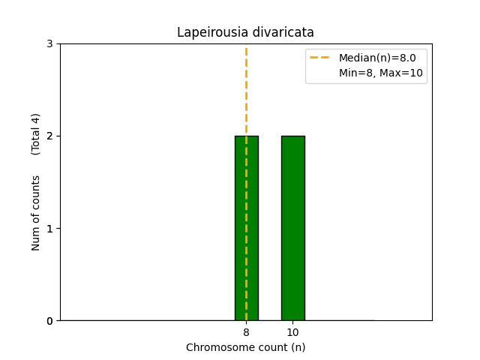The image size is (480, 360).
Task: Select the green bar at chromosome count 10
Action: [292, 228]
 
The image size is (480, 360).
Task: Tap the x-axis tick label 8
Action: [246, 332]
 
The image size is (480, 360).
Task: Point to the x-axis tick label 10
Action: [292, 332]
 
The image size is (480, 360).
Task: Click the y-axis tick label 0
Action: [49, 321]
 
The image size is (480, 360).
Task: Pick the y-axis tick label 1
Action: [49, 229]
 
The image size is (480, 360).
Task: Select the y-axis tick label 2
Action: [49, 136]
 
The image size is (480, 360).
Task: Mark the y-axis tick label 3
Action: [49, 43]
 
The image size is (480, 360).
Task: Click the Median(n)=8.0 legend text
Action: [377, 58]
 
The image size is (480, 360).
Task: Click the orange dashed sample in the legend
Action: [320, 58]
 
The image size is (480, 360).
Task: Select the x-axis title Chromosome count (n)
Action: [246, 347]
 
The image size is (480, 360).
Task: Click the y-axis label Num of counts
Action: [36, 213]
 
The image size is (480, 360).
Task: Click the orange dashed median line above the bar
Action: [246, 90]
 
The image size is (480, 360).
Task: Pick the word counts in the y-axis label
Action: [36, 192]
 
